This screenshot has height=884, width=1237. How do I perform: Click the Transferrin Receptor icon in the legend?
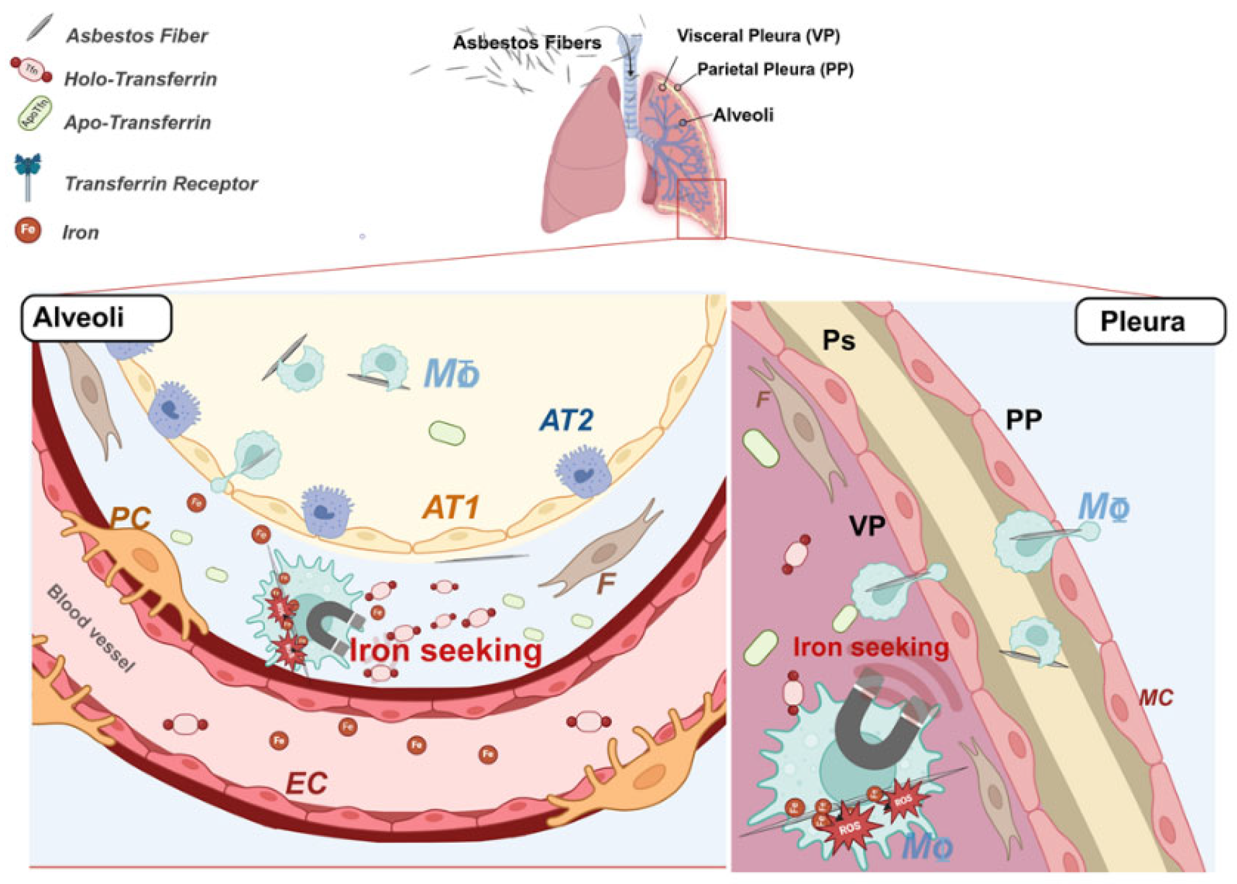pos(28,176)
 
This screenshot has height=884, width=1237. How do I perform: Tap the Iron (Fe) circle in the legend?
pos(28,230)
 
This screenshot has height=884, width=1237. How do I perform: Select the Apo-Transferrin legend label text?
pos(137,122)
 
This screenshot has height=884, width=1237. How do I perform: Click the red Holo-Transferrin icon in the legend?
pos(32,70)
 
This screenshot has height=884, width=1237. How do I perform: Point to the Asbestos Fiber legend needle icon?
pos(40,28)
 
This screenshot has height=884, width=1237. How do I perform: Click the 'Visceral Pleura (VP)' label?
pos(758,36)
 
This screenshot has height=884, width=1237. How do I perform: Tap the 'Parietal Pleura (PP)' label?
pos(775,70)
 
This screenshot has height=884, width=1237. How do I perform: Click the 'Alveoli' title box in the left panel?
pos(96,318)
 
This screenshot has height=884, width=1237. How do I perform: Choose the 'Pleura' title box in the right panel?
pos(1150,321)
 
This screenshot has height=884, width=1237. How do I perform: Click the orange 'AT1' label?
pos(451,508)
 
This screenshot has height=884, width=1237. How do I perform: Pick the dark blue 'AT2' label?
pos(567,420)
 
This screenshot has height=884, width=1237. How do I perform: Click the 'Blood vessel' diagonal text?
pos(91,628)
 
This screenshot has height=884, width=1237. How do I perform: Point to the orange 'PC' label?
pos(130,518)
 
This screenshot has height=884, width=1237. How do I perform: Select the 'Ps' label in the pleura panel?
pos(839,341)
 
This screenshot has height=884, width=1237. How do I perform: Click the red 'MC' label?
pos(1156,698)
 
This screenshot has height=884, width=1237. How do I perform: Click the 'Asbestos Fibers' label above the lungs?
pos(527,43)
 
